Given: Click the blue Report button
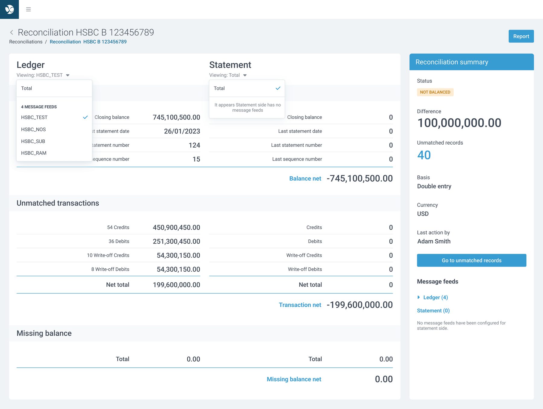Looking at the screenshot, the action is click(x=521, y=36).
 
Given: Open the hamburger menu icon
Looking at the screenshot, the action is click(x=28, y=9).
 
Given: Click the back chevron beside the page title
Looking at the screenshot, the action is click(x=11, y=32).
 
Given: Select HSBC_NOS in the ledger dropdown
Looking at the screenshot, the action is click(x=33, y=129).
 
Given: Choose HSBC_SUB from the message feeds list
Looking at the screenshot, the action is click(x=33, y=141).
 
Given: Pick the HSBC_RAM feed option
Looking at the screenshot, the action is click(x=34, y=153).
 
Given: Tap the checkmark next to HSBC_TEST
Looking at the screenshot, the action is click(x=85, y=117).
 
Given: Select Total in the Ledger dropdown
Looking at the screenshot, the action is click(x=27, y=88).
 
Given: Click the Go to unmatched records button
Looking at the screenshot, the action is click(x=472, y=260).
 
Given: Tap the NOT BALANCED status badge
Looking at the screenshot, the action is click(x=435, y=92).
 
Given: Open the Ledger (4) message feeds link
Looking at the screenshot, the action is click(x=436, y=297).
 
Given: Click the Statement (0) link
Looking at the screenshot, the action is click(x=433, y=311).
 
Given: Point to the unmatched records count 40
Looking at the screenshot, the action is click(x=424, y=155).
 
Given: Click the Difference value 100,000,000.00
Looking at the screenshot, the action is click(x=459, y=123).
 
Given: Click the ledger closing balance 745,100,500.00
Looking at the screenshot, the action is click(x=176, y=117).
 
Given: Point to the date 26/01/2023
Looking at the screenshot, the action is click(x=182, y=131).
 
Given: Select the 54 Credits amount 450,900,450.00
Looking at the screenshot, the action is click(x=176, y=227).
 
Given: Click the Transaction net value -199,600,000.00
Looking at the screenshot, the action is click(x=360, y=305).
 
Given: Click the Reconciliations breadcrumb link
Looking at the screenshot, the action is click(x=26, y=42).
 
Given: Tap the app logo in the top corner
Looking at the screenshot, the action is click(x=9, y=9).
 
